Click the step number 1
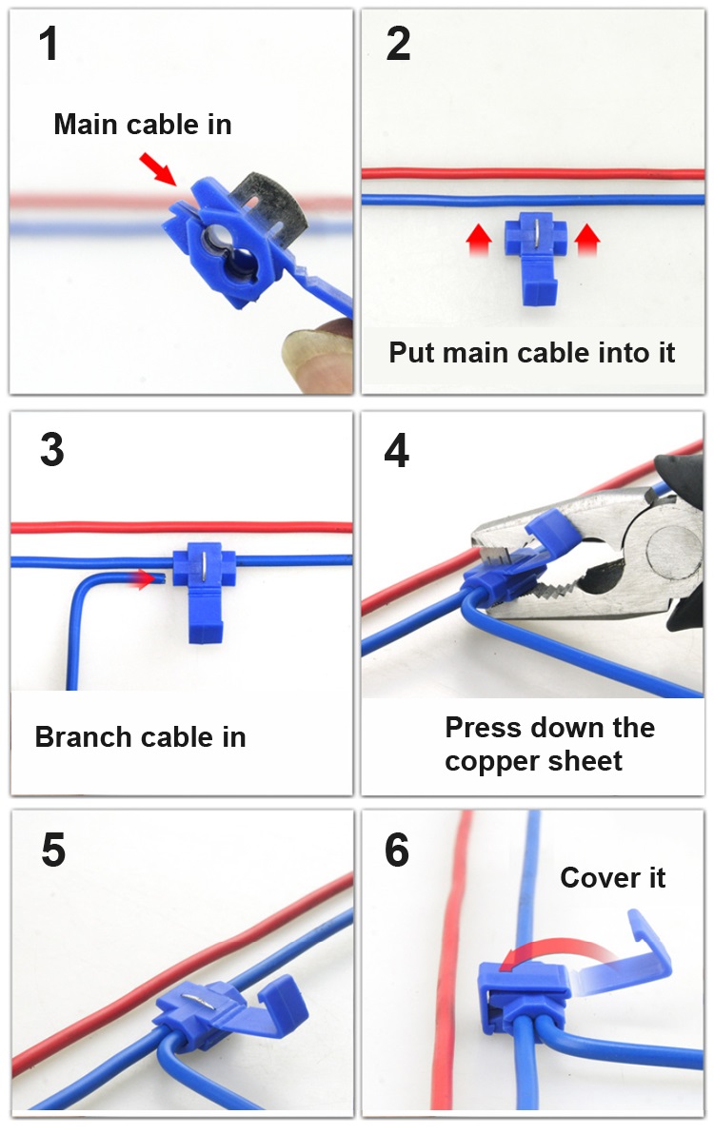pyautogui.click(x=49, y=44)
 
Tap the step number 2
pyautogui.click(x=398, y=44)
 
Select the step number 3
pyautogui.click(x=52, y=450)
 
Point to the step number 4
pyautogui.click(x=396, y=450)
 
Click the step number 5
pyautogui.click(x=53, y=849)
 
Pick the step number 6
pyautogui.click(x=396, y=849)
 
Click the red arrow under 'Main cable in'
pyautogui.click(x=158, y=168)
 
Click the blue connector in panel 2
pyautogui.click(x=534, y=258)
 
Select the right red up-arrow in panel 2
pyautogui.click(x=587, y=239)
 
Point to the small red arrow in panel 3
pyautogui.click(x=143, y=577)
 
